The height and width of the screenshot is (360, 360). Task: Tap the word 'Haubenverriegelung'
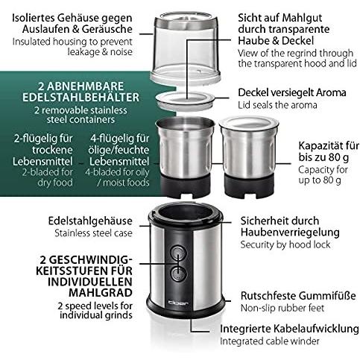289,234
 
